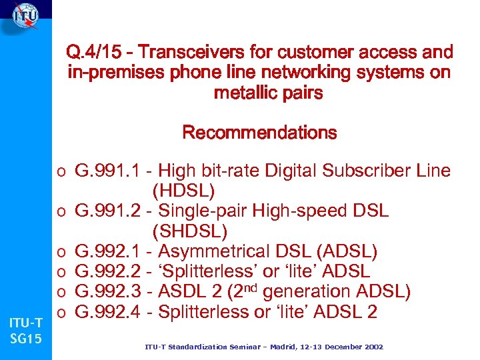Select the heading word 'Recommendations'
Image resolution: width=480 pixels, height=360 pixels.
pos(259,133)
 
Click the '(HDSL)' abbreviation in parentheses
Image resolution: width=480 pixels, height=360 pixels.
pos(183,191)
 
